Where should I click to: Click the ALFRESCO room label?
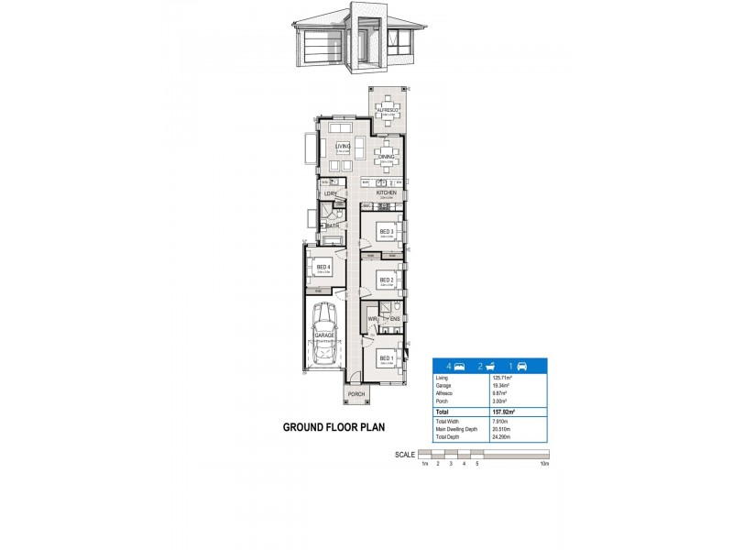(385, 109)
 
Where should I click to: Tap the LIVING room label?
(343, 147)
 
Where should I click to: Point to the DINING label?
(387, 157)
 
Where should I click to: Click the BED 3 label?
(387, 232)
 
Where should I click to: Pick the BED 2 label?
(387, 280)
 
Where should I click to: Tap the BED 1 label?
(386, 358)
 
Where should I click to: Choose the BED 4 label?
(323, 268)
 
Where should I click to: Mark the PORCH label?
(356, 394)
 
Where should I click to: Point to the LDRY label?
(330, 194)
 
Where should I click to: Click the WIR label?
(372, 319)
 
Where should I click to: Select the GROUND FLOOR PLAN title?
(334, 427)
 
